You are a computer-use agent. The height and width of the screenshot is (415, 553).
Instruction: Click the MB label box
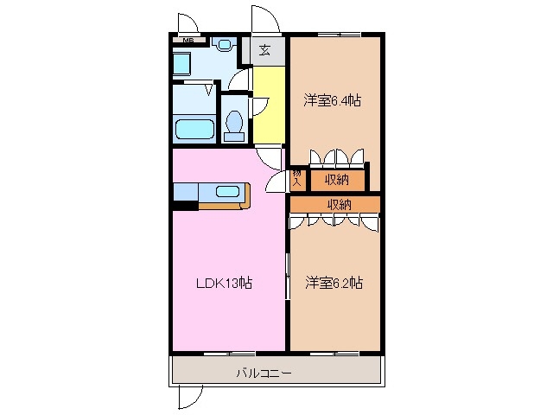[187, 40]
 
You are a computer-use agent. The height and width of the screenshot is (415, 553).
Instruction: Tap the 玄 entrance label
[264, 50]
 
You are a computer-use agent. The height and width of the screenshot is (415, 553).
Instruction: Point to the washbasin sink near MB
[224, 43]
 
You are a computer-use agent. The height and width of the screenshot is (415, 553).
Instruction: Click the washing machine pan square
[182, 65]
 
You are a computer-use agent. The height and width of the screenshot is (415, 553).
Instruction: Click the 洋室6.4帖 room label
[333, 100]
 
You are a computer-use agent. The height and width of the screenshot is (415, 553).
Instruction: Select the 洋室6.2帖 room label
[334, 282]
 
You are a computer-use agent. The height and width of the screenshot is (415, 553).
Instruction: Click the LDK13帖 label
[222, 283]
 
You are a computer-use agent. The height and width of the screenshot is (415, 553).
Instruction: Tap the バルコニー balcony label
[264, 373]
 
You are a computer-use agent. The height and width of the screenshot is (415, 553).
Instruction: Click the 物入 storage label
[296, 179]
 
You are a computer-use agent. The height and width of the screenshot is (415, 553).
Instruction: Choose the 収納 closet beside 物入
[336, 179]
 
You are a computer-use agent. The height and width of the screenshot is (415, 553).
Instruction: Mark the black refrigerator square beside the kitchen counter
[185, 205]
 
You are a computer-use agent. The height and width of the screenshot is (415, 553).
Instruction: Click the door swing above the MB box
[185, 22]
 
